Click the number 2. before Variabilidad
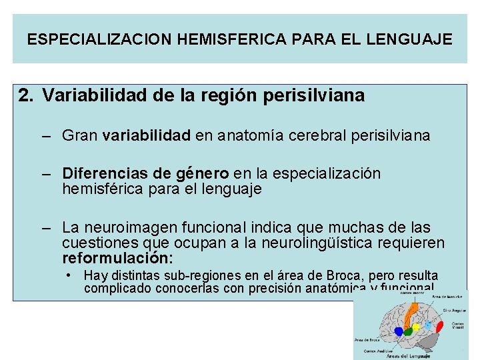tap(27, 96)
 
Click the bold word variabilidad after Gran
tap(146, 136)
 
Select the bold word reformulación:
tap(117, 258)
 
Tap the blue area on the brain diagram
tap(399, 331)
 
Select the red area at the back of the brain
tap(440, 327)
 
